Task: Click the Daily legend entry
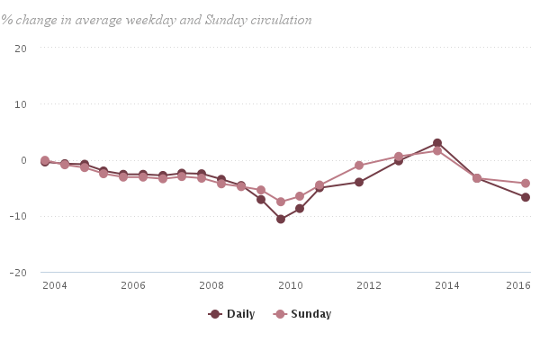(231, 314)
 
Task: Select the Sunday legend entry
(302, 314)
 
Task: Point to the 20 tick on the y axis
(21, 49)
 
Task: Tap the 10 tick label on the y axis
(21, 104)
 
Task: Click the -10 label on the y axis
(18, 216)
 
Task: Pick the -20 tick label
(18, 273)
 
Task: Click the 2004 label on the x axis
(55, 285)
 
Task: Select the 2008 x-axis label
(211, 285)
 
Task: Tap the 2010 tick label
(291, 285)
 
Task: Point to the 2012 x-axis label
(369, 285)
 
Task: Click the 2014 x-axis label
(447, 285)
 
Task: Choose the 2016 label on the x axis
(518, 285)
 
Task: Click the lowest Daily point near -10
(281, 219)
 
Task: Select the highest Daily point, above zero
(437, 143)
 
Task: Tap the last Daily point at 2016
(526, 197)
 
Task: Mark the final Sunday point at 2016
(526, 184)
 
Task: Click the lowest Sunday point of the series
(281, 202)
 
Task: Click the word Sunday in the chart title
(226, 21)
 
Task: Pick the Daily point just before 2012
(359, 182)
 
